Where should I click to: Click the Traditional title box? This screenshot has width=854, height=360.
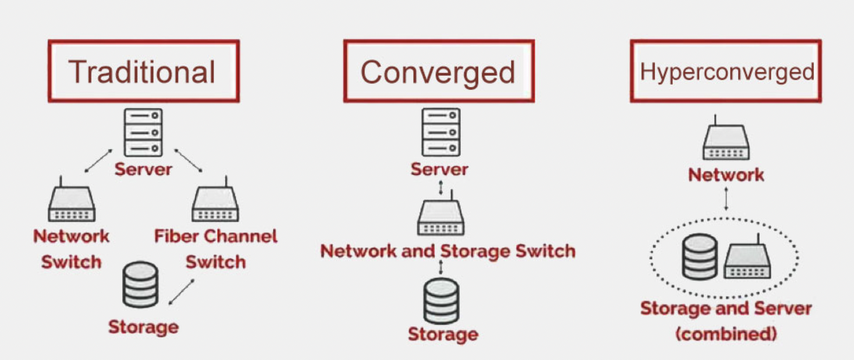(144, 71)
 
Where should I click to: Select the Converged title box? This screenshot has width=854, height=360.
(439, 71)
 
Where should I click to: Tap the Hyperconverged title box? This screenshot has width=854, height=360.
(726, 71)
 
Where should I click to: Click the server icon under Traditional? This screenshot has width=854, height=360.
(143, 132)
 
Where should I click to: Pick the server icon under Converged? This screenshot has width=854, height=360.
(440, 132)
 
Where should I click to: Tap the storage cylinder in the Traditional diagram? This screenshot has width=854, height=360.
(141, 285)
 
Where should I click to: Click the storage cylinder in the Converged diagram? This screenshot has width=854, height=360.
(442, 301)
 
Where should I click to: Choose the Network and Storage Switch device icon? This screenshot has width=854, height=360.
(441, 218)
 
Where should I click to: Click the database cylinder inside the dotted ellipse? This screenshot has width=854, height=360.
(700, 257)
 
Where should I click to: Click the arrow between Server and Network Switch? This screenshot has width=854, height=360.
(98, 160)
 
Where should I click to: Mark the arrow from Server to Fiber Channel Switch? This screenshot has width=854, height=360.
(189, 160)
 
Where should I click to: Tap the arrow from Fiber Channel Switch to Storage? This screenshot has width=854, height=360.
(181, 292)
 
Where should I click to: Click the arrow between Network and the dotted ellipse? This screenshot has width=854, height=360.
(726, 198)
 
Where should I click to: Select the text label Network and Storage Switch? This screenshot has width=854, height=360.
(448, 251)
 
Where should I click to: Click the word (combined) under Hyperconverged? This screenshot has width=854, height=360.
(726, 334)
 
